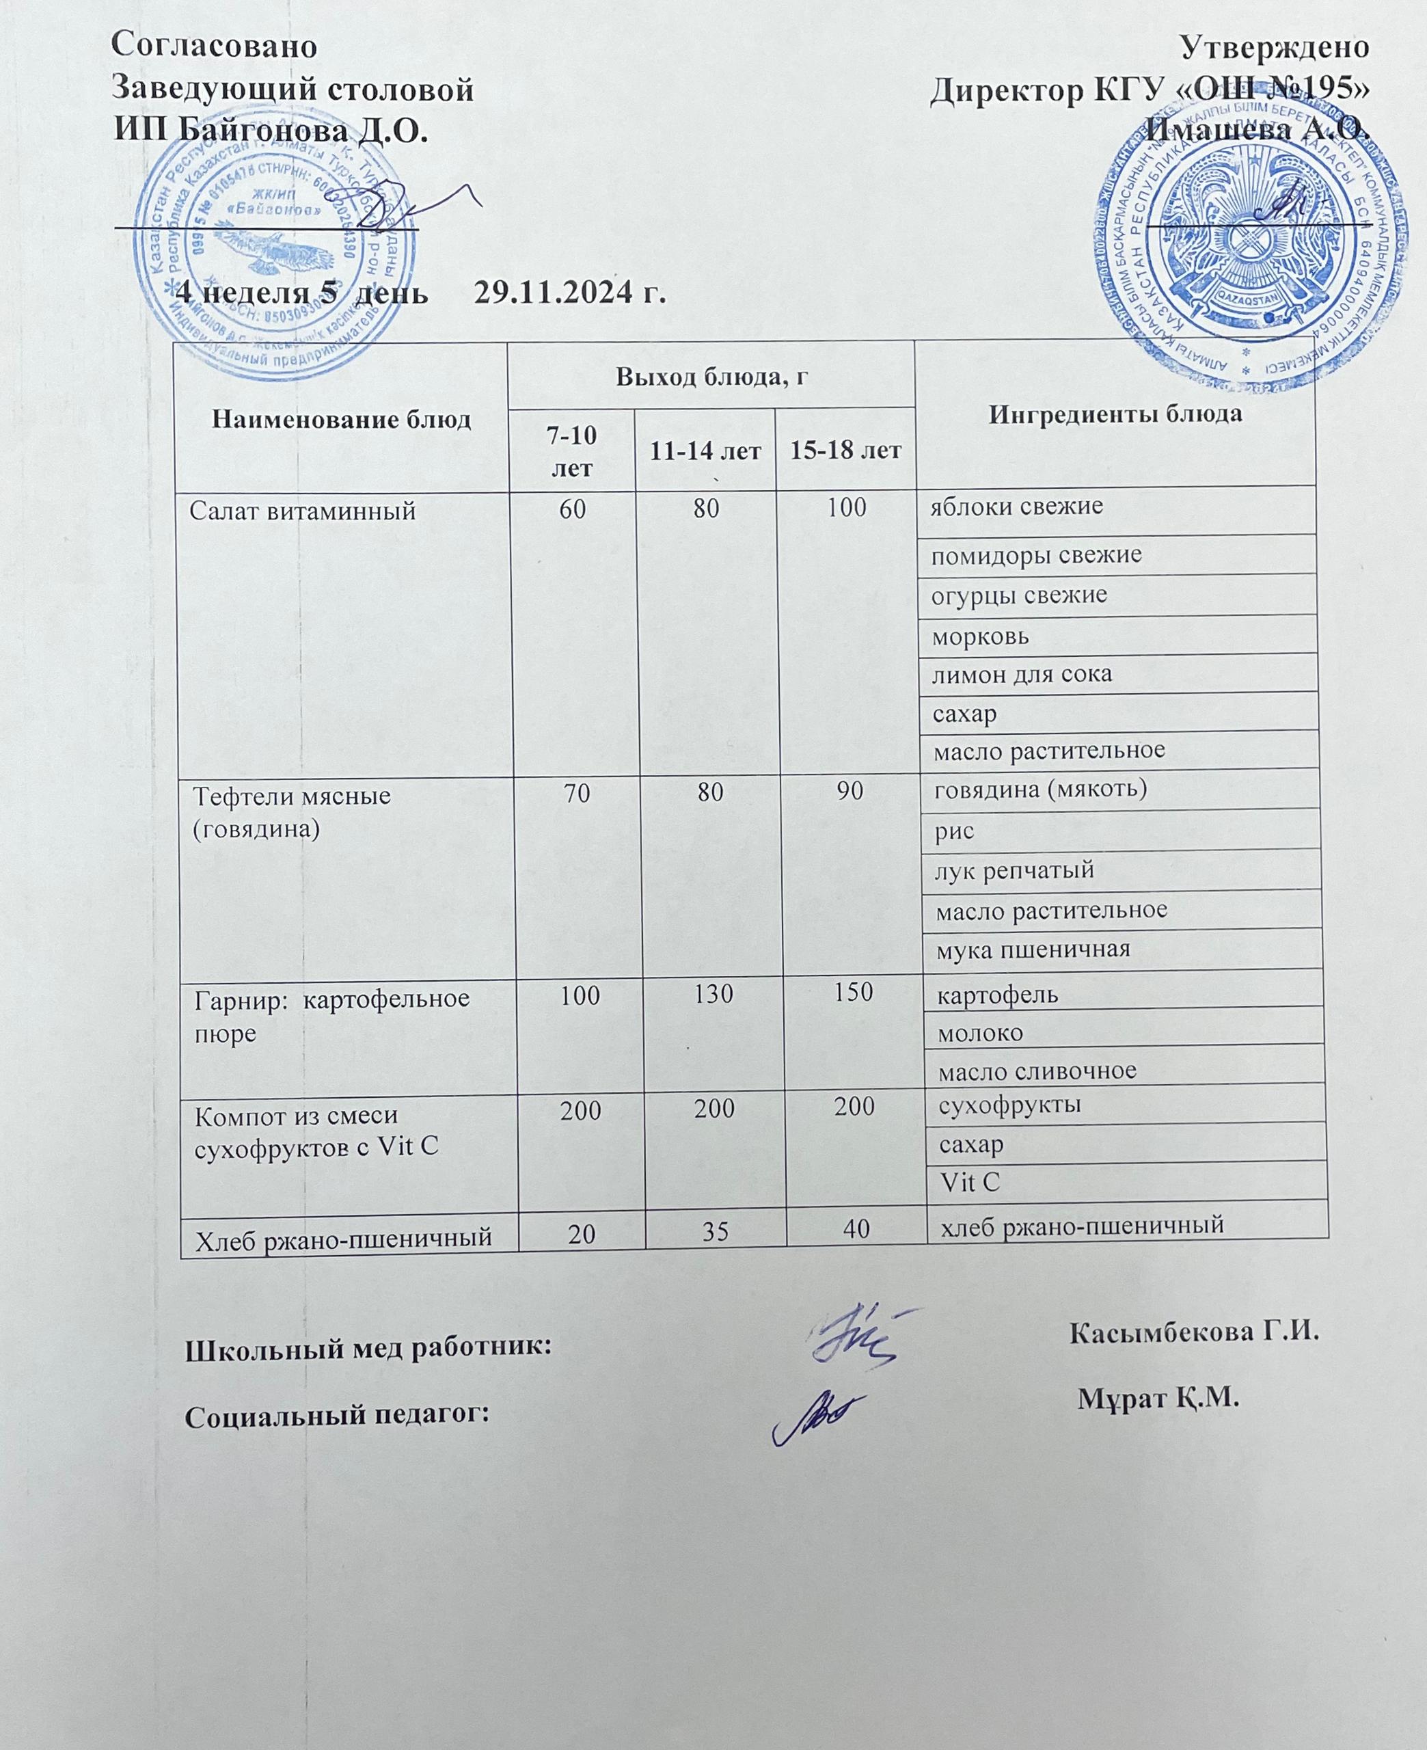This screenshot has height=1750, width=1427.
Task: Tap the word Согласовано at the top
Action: click(213, 46)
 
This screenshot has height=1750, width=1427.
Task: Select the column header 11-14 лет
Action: click(705, 450)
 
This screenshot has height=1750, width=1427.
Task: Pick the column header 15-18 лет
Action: click(845, 450)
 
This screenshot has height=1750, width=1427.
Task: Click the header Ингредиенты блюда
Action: click(1114, 414)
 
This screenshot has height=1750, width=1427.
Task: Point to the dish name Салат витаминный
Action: click(303, 511)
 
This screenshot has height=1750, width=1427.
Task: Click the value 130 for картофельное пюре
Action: click(713, 995)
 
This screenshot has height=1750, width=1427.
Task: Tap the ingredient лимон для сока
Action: click(1021, 675)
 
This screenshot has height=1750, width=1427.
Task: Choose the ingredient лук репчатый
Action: click(1015, 870)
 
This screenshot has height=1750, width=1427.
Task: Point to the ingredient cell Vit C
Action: click(969, 1183)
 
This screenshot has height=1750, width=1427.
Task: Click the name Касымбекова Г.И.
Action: click(1193, 1331)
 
